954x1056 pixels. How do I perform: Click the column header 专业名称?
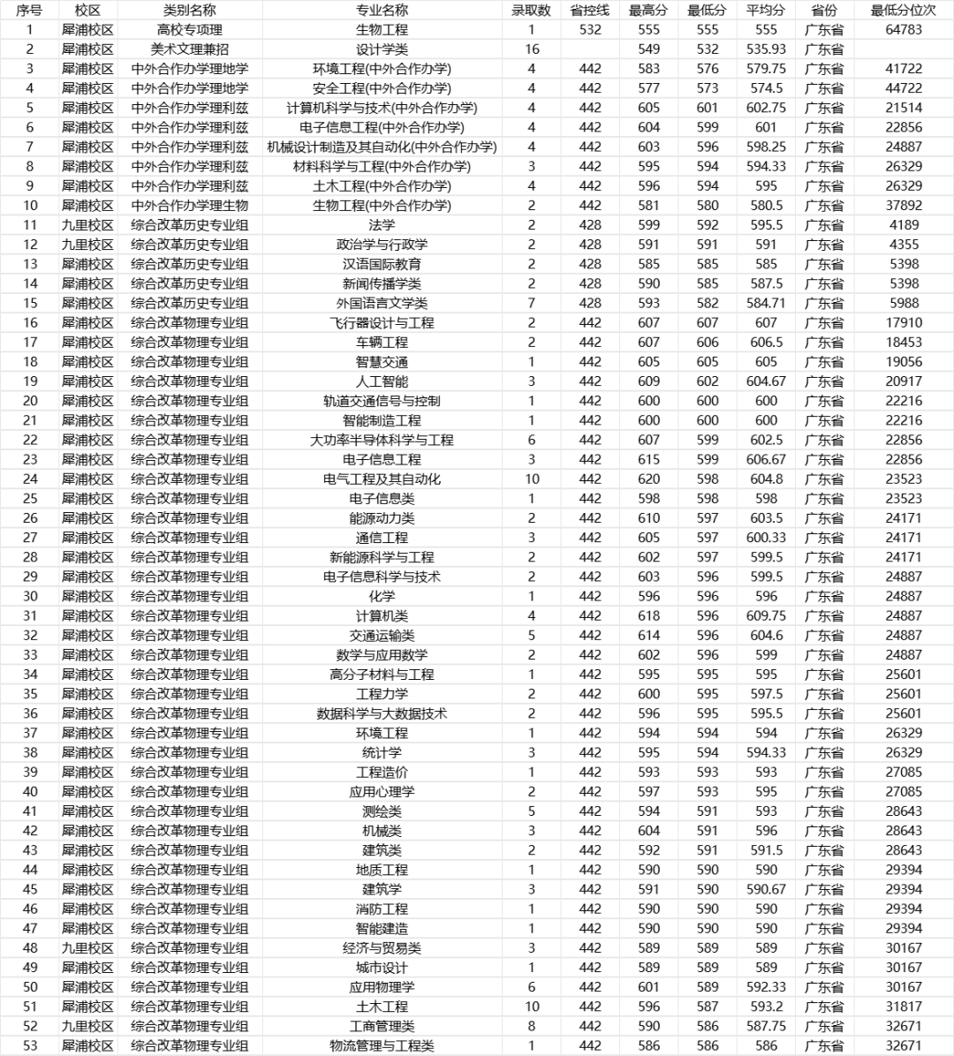coord(382,11)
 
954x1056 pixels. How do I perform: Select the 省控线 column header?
coord(589,11)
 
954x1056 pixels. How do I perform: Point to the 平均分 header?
coord(766,11)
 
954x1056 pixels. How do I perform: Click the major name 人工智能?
coord(382,381)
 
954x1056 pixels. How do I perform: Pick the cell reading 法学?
coord(382,225)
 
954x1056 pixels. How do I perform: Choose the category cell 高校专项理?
coord(189,30)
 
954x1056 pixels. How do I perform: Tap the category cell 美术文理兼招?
coord(189,49)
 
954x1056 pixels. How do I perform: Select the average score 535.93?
coord(766,49)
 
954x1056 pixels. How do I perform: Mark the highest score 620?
coord(648,479)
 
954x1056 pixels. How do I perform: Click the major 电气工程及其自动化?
coord(382,479)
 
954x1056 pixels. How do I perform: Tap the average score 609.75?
coord(766,616)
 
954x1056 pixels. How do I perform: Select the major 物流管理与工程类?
coord(382,1046)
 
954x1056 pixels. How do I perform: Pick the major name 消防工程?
coord(382,909)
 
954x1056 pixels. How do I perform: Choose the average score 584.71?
coord(766,303)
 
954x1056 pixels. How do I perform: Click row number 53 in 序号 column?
coord(30,1046)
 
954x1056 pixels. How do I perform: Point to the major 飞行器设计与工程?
coord(382,323)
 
